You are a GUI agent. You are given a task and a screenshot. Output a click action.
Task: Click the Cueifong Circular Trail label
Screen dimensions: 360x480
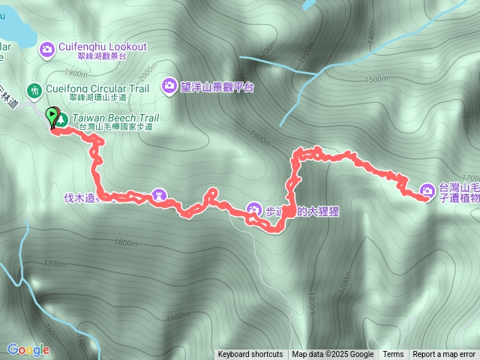97,88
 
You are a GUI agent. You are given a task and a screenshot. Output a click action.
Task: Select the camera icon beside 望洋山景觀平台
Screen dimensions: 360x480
169,86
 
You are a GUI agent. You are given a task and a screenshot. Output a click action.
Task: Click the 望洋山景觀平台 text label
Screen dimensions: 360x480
218,87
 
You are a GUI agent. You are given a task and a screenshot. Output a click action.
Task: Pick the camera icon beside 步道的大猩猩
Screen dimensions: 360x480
253,209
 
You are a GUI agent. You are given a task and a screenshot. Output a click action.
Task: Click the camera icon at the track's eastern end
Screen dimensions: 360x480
427,190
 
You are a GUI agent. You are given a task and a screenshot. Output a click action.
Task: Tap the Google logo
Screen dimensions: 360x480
28,349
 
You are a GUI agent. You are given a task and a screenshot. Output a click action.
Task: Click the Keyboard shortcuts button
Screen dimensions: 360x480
250,355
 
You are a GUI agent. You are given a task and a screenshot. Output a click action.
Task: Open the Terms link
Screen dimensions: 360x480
393,355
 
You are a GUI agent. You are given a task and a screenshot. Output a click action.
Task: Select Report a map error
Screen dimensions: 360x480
444,355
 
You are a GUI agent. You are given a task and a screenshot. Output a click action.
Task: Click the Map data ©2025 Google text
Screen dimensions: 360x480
333,355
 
